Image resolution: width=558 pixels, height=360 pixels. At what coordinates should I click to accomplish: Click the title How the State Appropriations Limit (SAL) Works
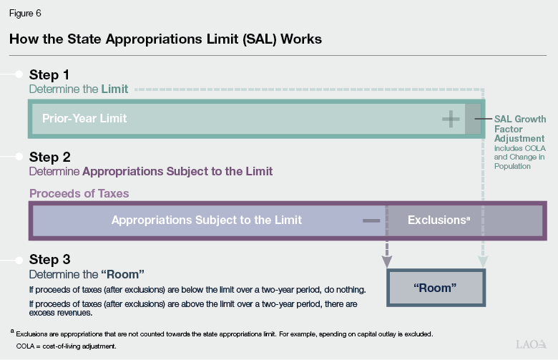click(x=165, y=39)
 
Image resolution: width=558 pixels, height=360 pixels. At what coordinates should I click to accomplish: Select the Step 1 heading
click(x=49, y=74)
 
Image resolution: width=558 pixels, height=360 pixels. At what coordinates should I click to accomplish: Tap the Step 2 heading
click(x=49, y=157)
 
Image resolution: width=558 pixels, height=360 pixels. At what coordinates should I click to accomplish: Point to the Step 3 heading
click(x=49, y=259)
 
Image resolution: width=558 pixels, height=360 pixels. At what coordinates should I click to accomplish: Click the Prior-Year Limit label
click(x=84, y=118)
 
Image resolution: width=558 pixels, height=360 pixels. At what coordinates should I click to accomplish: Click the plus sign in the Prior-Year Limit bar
click(x=451, y=119)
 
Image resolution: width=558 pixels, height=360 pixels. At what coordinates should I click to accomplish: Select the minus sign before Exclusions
click(x=371, y=220)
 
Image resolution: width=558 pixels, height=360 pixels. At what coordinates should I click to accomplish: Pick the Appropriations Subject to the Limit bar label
click(x=207, y=220)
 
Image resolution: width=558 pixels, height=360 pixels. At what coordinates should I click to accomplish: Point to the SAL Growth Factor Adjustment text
click(x=520, y=128)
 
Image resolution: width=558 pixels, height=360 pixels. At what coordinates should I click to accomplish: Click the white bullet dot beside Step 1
click(x=20, y=74)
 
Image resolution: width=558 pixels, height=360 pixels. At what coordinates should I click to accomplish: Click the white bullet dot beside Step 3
click(x=20, y=259)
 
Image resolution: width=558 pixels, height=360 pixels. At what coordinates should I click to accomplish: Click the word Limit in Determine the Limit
click(x=114, y=89)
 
